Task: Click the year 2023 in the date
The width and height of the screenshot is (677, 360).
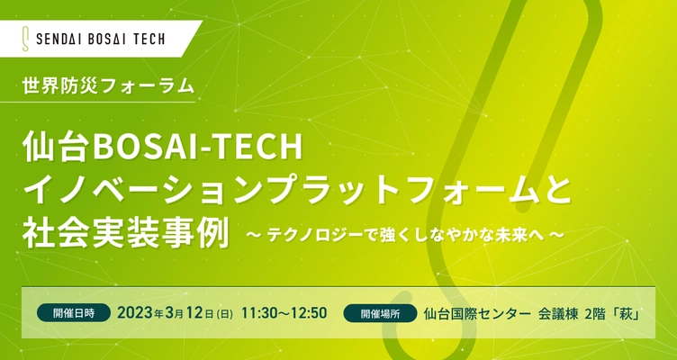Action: pyautogui.click(x=138, y=313)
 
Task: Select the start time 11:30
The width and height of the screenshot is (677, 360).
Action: pyautogui.click(x=260, y=313)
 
